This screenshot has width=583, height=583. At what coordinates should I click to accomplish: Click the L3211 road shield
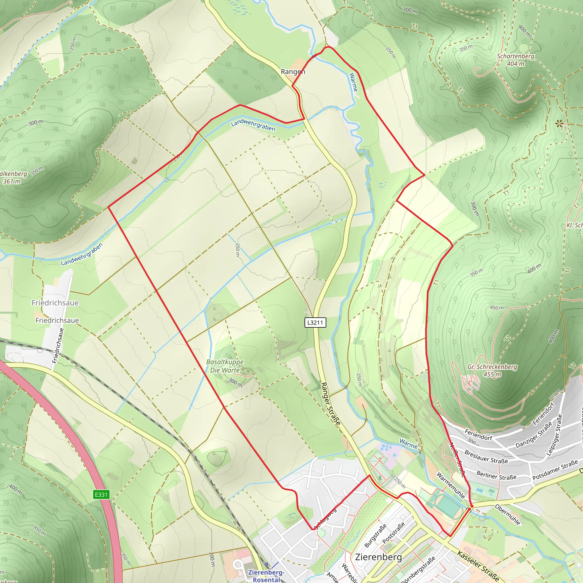point(315,323)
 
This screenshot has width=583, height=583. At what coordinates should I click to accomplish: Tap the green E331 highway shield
point(101,494)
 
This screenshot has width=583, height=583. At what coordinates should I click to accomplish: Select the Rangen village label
point(293,71)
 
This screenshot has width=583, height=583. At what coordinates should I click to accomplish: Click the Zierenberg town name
point(378,557)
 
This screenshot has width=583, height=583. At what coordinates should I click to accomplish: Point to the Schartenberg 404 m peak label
point(516,60)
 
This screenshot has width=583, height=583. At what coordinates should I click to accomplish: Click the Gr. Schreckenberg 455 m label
point(492,370)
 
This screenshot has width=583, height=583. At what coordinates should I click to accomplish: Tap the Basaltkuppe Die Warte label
point(225,366)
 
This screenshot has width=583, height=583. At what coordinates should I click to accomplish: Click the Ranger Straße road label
point(330,404)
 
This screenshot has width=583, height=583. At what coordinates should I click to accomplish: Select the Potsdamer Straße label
point(555,470)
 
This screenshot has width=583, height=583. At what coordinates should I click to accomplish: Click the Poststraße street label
point(393,533)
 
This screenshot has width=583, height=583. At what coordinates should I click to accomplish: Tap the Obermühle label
point(508,514)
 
